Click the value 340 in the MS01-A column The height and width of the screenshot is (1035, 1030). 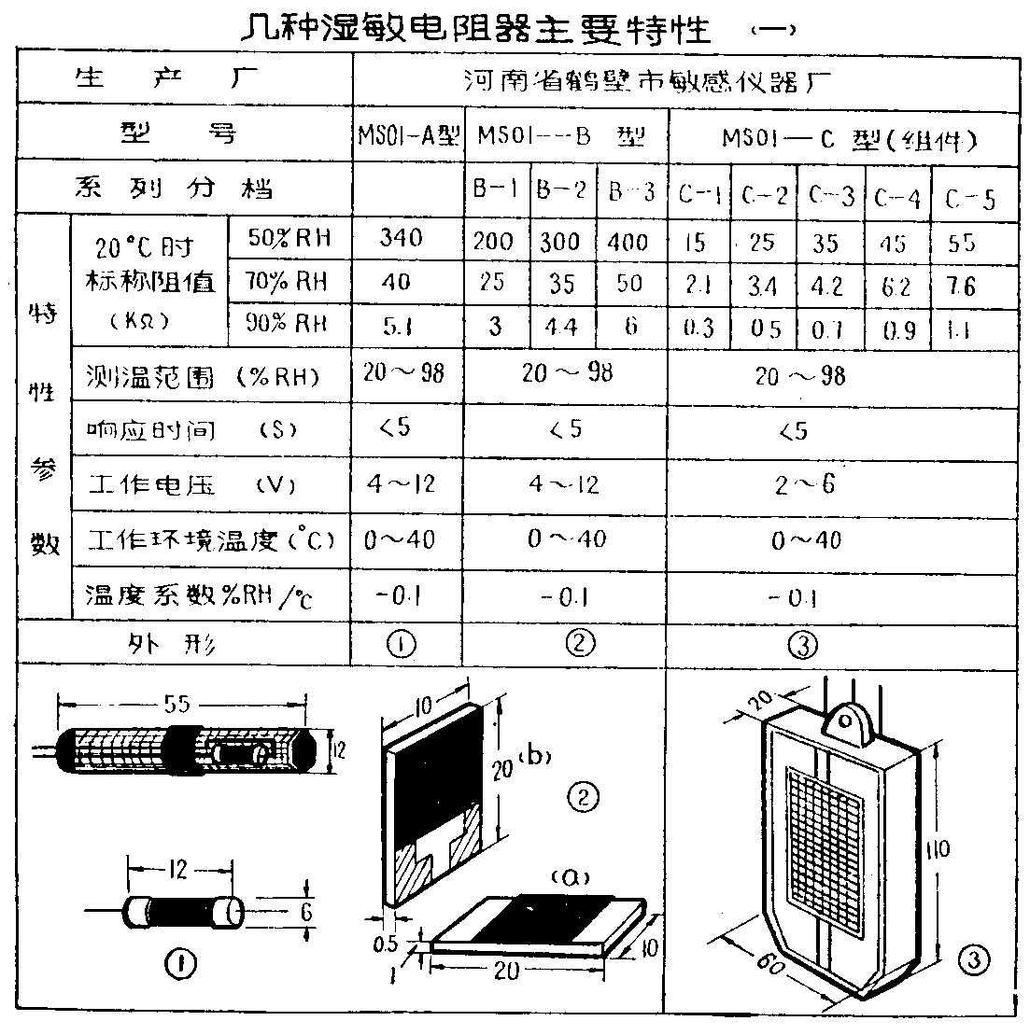tap(402, 238)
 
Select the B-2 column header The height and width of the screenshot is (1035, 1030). tap(561, 191)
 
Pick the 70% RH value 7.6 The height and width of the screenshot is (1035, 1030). tap(961, 287)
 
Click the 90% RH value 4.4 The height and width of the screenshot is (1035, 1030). tap(561, 328)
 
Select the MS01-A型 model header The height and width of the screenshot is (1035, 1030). tap(408, 137)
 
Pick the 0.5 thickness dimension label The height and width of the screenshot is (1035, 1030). tap(385, 943)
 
